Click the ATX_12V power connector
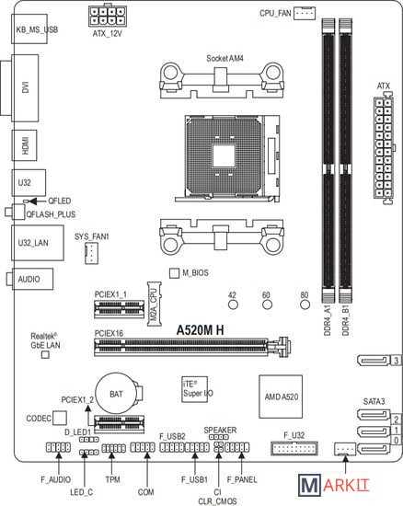tap(108, 17)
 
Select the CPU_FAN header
tap(305, 13)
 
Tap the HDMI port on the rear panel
tap(24, 145)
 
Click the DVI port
tap(25, 87)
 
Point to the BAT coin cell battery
tap(117, 394)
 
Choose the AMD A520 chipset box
tap(281, 397)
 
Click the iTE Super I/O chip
tap(194, 389)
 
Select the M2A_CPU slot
tap(155, 304)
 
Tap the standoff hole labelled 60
tap(267, 305)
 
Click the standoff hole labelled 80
tap(305, 305)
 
